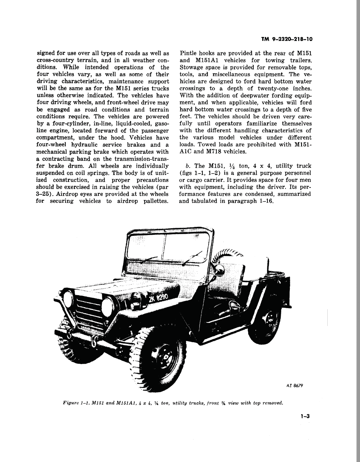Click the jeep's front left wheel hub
coord(163,355)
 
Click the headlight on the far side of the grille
coord(68,299)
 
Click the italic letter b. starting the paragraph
coord(188,166)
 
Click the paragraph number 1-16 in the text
coord(266,201)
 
